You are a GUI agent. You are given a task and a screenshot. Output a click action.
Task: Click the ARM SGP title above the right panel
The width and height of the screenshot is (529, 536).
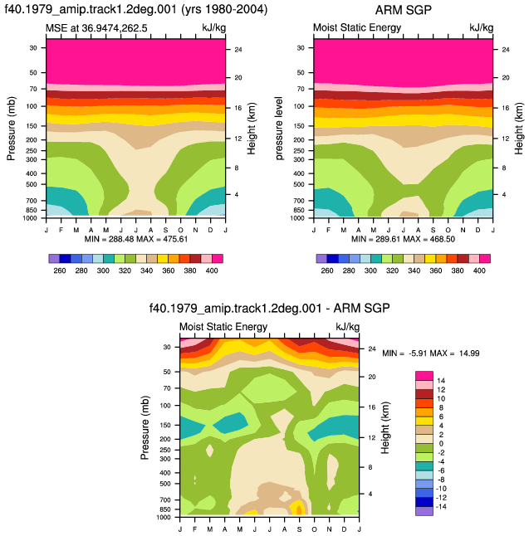403,10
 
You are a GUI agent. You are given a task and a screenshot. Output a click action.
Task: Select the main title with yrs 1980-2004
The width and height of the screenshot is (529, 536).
136,9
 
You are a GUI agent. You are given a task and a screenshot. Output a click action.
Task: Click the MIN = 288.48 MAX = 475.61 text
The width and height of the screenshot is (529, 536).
136,239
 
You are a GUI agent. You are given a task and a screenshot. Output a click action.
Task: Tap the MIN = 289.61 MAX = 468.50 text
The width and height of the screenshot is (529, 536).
403,239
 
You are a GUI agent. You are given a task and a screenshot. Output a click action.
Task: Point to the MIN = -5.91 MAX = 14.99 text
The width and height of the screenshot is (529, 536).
431,353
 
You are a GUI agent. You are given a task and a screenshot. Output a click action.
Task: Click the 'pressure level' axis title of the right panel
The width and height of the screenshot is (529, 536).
279,128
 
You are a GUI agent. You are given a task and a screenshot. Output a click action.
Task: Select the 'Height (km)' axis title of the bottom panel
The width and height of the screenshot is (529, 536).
385,428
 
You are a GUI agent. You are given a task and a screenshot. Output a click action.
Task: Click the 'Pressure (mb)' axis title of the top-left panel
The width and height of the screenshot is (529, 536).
12,129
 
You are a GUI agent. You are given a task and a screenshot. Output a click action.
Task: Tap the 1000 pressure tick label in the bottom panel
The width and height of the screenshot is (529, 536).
164,517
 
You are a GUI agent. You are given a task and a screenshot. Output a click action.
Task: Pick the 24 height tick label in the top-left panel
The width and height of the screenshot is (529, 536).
238,50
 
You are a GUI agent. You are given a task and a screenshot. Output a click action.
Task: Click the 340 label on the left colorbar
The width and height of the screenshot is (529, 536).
146,270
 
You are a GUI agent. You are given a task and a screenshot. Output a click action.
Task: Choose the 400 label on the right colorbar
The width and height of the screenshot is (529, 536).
479,270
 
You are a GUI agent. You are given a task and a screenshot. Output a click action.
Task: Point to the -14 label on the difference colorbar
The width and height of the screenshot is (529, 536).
441,507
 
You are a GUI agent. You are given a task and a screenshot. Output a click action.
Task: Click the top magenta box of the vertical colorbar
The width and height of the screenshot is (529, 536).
424,376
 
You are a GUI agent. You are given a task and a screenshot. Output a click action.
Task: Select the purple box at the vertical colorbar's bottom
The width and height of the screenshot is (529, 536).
424,511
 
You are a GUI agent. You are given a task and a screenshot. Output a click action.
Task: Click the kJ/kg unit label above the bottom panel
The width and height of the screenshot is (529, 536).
348,327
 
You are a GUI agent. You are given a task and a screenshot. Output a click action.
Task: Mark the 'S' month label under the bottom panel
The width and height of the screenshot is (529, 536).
300,529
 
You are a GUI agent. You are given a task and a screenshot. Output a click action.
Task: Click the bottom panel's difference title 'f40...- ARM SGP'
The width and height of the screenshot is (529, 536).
270,309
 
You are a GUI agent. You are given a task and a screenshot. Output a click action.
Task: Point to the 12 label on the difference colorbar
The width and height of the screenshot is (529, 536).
441,390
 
